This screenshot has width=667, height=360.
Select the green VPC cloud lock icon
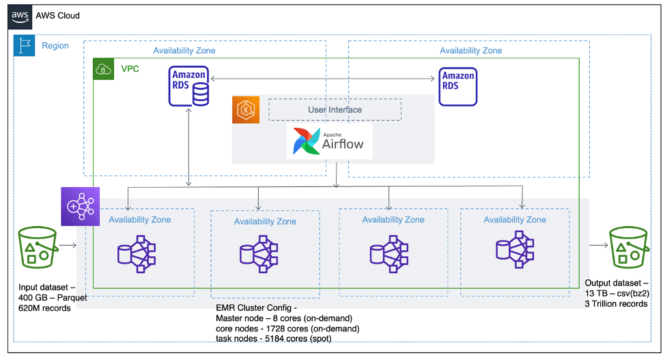(103, 69)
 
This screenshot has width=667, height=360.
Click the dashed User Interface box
(335, 109)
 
